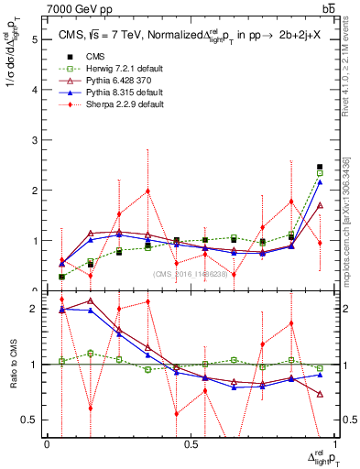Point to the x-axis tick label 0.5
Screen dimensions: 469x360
pyautogui.click(x=191, y=444)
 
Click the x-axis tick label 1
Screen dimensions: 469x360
pyautogui.click(x=334, y=444)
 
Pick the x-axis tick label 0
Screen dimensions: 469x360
pyautogui.click(x=47, y=444)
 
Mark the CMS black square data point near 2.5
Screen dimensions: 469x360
pyautogui.click(x=320, y=167)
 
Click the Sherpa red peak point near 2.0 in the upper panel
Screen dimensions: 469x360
pyautogui.click(x=147, y=191)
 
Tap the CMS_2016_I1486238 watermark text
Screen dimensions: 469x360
pyautogui.click(x=190, y=274)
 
